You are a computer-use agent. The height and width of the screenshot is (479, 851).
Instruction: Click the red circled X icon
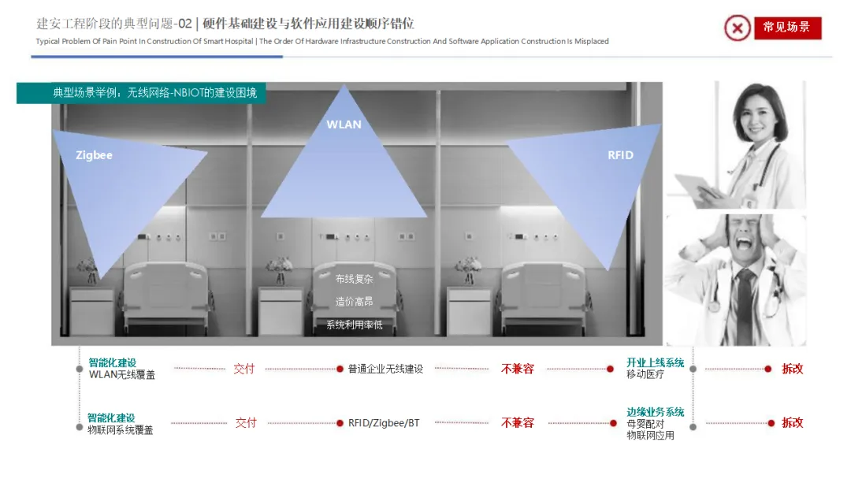click(x=737, y=28)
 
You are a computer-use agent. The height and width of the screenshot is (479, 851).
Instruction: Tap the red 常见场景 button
click(x=787, y=28)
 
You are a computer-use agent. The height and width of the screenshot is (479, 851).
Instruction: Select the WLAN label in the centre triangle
click(x=344, y=124)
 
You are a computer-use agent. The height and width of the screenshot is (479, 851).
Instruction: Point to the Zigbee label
click(x=94, y=155)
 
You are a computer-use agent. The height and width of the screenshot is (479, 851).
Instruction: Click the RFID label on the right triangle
click(x=620, y=155)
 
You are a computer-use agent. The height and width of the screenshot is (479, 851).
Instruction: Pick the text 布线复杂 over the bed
click(x=354, y=279)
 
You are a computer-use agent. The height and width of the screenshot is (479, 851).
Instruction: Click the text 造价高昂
click(x=354, y=302)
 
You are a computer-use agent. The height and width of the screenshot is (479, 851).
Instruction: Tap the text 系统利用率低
click(x=354, y=325)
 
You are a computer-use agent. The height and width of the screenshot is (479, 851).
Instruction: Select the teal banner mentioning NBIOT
click(x=141, y=93)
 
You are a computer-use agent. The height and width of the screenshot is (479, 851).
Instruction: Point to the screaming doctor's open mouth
click(x=744, y=243)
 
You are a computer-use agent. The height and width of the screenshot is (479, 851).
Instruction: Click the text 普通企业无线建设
click(x=385, y=369)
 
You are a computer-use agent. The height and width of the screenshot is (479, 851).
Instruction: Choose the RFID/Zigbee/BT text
click(x=384, y=422)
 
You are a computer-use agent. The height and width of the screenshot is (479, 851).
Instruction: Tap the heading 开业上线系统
click(x=655, y=362)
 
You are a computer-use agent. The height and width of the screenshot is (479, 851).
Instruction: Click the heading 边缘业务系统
click(x=655, y=412)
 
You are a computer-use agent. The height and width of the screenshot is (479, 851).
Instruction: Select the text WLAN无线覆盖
click(x=122, y=375)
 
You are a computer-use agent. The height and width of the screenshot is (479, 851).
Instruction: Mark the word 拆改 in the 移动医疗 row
click(x=792, y=369)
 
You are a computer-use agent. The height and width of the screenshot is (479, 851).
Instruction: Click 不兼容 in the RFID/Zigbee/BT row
click(x=517, y=422)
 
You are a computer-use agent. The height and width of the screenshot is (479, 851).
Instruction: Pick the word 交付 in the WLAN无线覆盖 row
click(x=243, y=369)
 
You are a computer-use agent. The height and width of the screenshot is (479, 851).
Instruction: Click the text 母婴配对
click(x=645, y=424)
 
